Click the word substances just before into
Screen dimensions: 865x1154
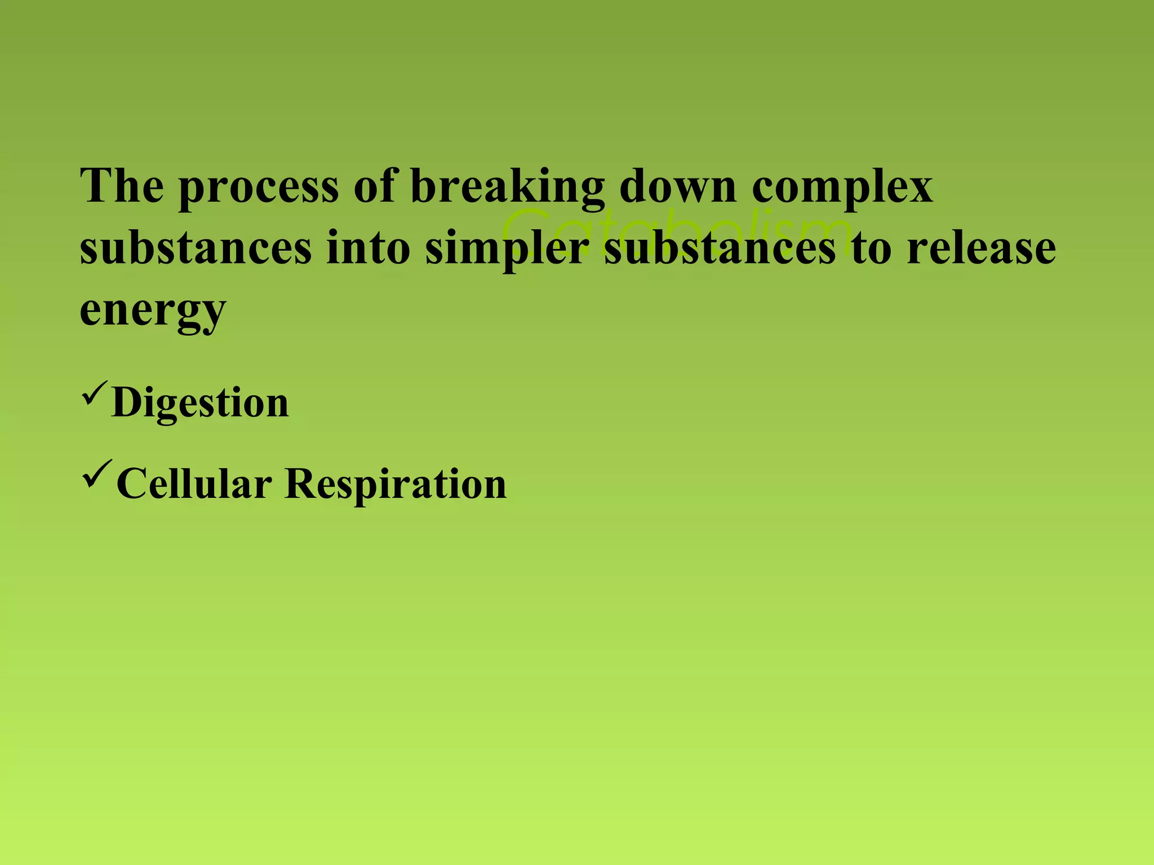click(x=196, y=247)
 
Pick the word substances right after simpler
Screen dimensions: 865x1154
click(x=720, y=247)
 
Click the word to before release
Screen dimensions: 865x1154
click(x=872, y=248)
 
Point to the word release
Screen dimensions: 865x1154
click(x=981, y=247)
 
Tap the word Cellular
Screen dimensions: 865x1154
click(x=194, y=483)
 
